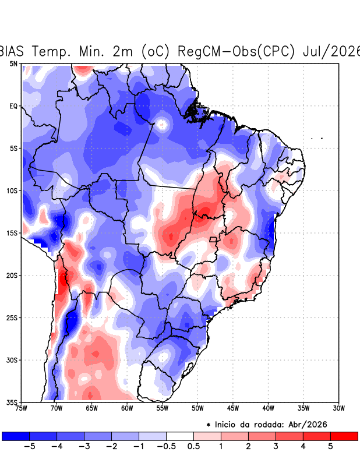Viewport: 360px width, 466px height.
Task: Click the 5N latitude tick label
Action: pyautogui.click(x=13, y=63)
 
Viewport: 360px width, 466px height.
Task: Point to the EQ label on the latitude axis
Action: pyautogui.click(x=13, y=106)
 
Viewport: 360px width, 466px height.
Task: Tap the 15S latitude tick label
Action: pyautogui.click(x=12, y=233)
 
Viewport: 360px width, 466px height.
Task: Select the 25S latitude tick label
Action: pyautogui.click(x=12, y=317)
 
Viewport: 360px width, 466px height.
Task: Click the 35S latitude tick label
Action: pyautogui.click(x=12, y=403)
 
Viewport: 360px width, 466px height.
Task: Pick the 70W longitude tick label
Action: pyautogui.click(x=57, y=408)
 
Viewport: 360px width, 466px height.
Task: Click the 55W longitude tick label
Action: pyautogui.click(x=163, y=408)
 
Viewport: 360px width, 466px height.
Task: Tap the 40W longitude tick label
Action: pyautogui.click(x=268, y=408)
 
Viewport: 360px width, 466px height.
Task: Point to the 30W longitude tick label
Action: pyautogui.click(x=338, y=408)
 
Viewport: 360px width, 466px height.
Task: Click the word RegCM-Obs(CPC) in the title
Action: pyautogui.click(x=236, y=51)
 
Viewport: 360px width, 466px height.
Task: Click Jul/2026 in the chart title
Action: pyautogui.click(x=331, y=51)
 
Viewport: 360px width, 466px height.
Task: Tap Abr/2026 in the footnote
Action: pyautogui.click(x=308, y=425)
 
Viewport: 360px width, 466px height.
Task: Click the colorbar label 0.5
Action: pyautogui.click(x=193, y=446)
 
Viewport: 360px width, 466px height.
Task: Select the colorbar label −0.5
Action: pyautogui.click(x=166, y=446)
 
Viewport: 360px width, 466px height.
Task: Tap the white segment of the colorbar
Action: pyautogui.click(x=180, y=436)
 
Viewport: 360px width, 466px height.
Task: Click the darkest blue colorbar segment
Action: pyautogui.click(x=16, y=436)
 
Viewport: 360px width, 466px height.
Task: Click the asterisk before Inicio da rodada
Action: pyautogui.click(x=209, y=425)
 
